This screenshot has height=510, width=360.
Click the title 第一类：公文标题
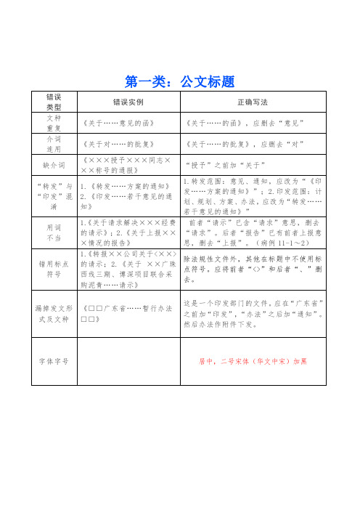pos(179,79)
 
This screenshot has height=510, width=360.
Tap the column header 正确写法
pos(255,102)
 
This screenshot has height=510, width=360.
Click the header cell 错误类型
pos(54,102)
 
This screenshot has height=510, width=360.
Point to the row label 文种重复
pos(54,123)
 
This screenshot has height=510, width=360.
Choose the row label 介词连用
pos(54,144)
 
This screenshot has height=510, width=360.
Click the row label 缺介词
pos(54,165)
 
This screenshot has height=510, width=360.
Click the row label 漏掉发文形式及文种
pos(54,314)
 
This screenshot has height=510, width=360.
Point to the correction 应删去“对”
pos(289,144)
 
